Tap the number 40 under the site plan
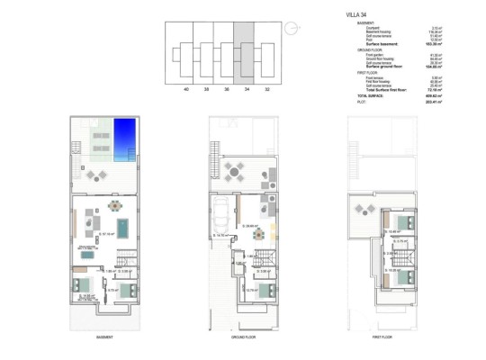[185, 90]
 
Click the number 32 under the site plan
[266, 90]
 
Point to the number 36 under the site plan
[226, 90]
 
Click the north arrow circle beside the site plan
[291, 30]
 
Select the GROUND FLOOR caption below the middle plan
[243, 337]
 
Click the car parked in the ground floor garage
[219, 219]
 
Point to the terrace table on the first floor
[366, 209]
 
